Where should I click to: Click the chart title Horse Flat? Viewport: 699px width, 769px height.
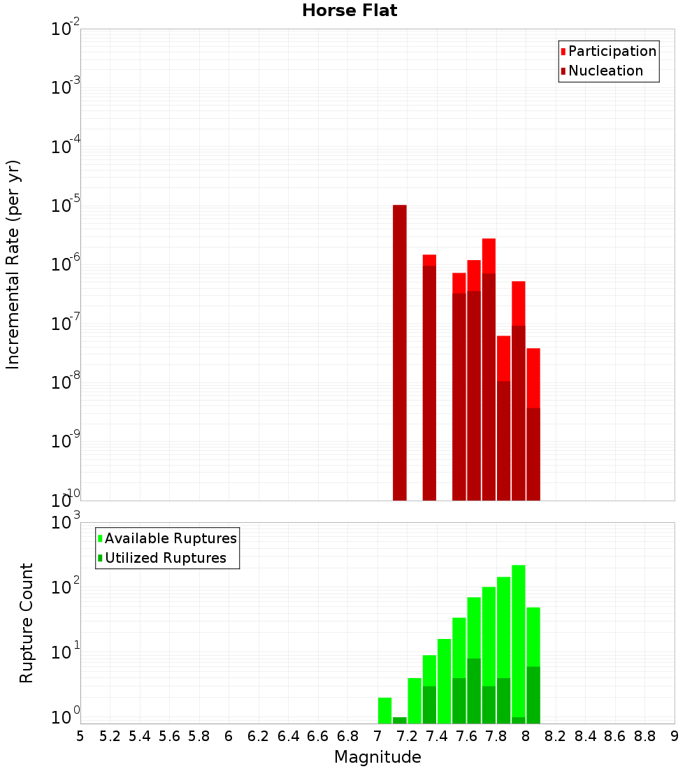[349, 10]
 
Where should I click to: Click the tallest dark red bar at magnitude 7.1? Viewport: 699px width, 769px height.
[400, 350]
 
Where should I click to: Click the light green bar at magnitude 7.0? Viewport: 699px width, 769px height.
[384, 710]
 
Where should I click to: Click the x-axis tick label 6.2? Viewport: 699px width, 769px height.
[259, 736]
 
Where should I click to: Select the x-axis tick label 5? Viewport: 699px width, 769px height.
[80, 736]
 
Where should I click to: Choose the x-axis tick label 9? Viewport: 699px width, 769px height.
[675, 736]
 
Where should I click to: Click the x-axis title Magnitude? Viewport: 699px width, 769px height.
[377, 757]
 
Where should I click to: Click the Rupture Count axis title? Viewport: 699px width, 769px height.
[27, 622]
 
